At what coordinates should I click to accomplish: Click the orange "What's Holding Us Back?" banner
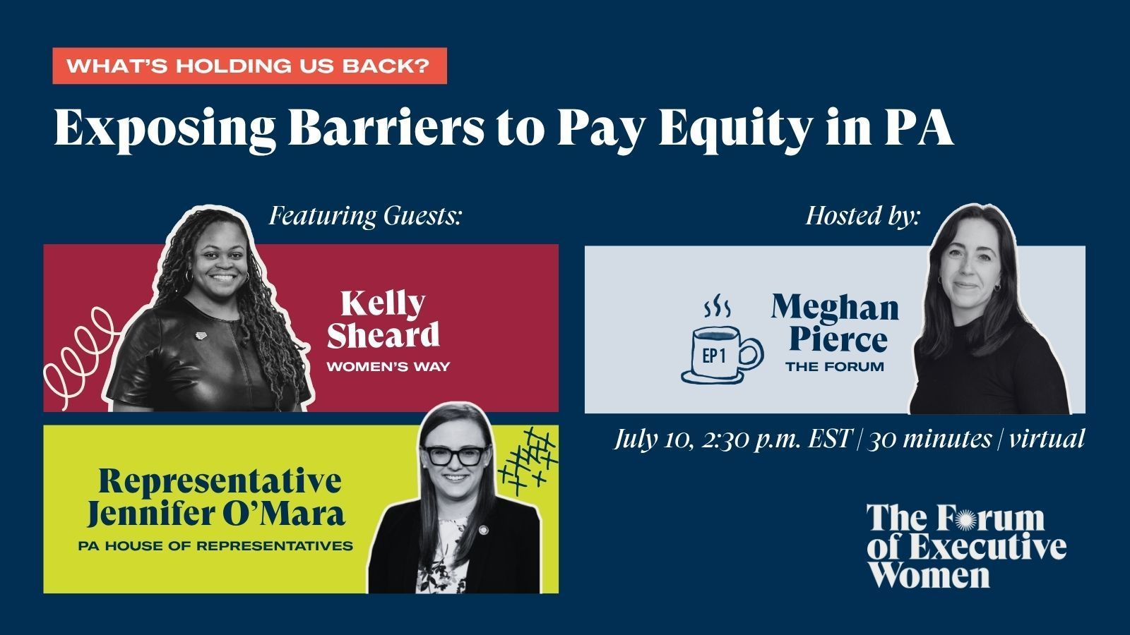pos(250,66)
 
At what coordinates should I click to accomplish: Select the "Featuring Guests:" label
pos(365,216)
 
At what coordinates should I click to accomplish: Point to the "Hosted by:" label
pos(863,217)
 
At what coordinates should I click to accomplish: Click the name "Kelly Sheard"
pos(383,320)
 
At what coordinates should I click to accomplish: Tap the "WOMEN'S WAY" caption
pos(388,366)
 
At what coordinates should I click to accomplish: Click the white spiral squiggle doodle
pos(81,357)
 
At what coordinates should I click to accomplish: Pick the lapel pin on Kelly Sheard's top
pos(201,336)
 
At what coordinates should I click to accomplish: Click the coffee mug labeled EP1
pos(722,355)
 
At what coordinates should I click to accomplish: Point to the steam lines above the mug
pos(717,309)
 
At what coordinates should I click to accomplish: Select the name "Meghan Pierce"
pos(835,322)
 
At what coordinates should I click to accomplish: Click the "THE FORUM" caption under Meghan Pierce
pos(835,366)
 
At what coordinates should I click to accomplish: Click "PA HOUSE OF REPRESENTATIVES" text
pos(215,545)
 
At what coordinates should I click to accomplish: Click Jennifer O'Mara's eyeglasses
pos(456,456)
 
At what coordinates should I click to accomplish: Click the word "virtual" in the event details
pos(1047,438)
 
